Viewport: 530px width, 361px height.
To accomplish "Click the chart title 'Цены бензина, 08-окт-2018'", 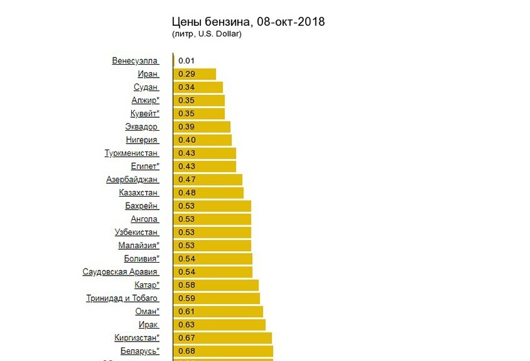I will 248,22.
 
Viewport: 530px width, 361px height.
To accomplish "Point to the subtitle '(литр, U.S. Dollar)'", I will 207,34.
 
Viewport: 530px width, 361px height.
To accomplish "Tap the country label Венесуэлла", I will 135,61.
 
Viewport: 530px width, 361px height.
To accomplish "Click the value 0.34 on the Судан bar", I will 187,87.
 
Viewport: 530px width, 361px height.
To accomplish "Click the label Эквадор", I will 142,127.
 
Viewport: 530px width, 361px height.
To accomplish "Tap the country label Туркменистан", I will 131,153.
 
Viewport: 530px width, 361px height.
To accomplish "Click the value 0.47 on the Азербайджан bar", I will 187,179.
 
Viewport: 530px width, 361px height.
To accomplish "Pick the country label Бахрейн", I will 142,206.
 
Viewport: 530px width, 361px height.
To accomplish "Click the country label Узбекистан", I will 136,232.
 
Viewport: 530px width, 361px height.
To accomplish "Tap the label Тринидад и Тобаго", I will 122,298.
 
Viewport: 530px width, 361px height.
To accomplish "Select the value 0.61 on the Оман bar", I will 187,311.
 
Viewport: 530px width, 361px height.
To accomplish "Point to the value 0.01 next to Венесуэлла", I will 187,61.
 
